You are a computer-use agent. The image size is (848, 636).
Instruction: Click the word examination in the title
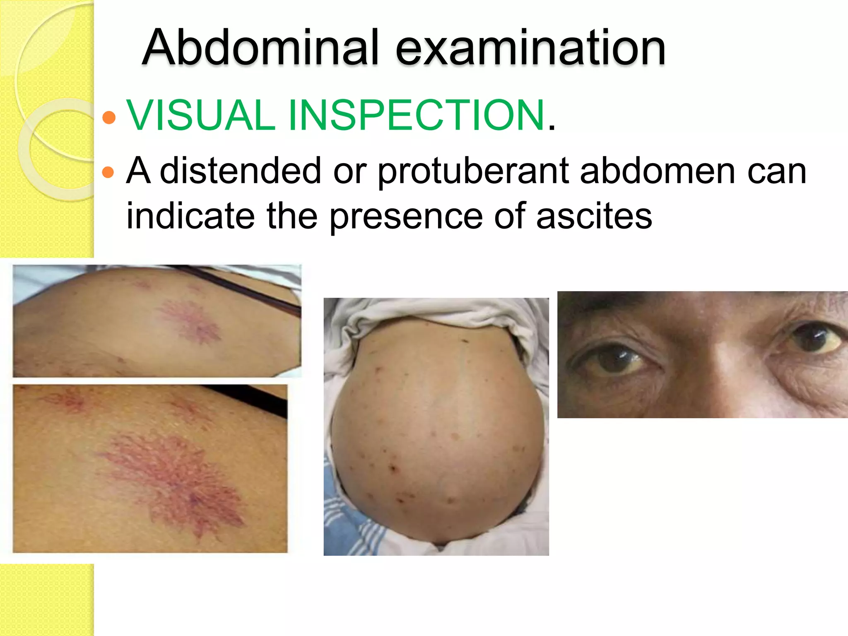(x=530, y=48)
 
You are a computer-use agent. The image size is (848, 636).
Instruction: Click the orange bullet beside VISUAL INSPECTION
(x=109, y=117)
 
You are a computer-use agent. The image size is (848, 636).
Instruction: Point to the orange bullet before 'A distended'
(x=108, y=172)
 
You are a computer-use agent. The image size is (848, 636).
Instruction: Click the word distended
(x=241, y=171)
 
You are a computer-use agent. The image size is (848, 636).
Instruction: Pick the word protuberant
(x=474, y=171)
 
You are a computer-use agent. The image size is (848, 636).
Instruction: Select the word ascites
(x=594, y=216)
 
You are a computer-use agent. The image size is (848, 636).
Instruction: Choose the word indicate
(x=190, y=216)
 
